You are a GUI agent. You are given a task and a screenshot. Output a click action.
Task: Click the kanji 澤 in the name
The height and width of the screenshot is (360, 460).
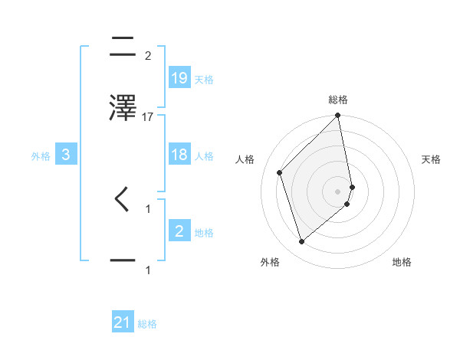point(123,107)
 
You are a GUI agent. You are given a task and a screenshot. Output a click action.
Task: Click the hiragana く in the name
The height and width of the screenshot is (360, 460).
point(123,199)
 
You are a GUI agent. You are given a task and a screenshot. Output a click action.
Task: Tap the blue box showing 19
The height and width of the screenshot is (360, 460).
point(179,77)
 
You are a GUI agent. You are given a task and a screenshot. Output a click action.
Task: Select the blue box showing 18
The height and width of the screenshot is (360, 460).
point(179,155)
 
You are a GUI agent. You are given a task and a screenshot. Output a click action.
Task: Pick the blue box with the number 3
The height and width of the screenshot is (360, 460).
point(67,155)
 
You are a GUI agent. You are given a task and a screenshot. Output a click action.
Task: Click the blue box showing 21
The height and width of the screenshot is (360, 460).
point(123,322)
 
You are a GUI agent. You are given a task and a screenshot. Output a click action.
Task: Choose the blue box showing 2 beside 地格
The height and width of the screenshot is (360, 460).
point(179,231)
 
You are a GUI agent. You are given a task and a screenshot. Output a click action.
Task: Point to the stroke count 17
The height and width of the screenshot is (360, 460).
point(148,116)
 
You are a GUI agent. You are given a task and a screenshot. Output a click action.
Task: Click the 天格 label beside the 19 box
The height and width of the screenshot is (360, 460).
point(204,79)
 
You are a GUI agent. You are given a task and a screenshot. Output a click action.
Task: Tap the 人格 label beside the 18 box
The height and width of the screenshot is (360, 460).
point(204,155)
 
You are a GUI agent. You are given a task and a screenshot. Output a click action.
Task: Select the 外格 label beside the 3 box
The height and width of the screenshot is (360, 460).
point(41,155)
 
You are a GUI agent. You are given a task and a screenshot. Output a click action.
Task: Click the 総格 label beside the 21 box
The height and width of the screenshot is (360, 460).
point(147,324)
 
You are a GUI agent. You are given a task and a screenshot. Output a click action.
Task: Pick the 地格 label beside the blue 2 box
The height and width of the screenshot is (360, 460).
point(204,232)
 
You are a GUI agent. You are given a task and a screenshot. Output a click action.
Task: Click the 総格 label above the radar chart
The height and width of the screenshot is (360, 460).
point(338,100)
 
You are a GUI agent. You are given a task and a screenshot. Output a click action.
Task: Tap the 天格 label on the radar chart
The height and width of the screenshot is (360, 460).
point(432,159)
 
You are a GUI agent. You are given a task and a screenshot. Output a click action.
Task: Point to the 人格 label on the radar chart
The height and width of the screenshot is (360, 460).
point(245,159)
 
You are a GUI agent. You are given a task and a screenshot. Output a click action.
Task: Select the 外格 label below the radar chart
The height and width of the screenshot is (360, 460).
point(270,262)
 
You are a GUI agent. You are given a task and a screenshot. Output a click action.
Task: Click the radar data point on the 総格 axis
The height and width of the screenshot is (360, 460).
point(338,116)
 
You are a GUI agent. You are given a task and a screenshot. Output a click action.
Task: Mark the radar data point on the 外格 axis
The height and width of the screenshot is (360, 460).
point(301,242)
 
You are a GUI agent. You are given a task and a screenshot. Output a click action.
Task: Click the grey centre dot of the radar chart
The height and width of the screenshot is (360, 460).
point(338,191)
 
